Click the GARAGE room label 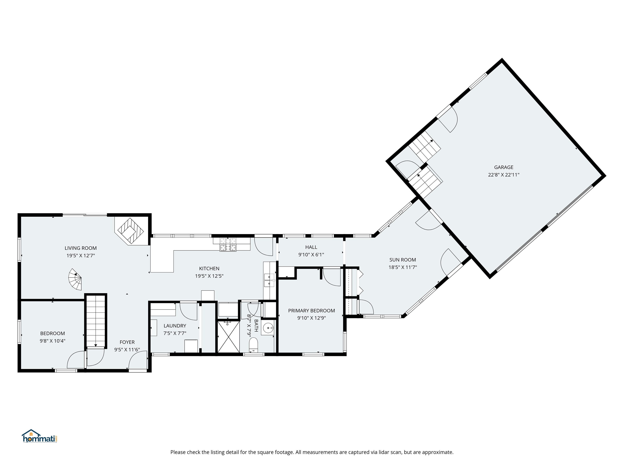click(504, 167)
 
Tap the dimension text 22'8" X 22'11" click(504, 175)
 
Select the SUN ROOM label click(403, 260)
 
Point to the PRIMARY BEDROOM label click(311, 311)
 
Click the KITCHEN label click(209, 269)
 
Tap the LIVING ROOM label click(80, 248)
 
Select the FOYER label click(127, 342)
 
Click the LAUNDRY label click(175, 326)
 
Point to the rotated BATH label click(256, 326)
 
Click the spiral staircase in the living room click(76, 279)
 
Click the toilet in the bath click(253, 345)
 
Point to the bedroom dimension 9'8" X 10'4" click(52, 341)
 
